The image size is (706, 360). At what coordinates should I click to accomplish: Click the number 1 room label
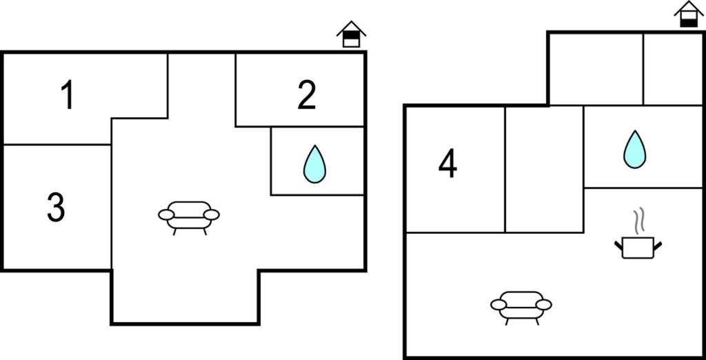click(68, 95)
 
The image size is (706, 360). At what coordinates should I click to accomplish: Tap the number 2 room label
click(307, 95)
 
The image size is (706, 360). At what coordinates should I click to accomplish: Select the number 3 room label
click(56, 208)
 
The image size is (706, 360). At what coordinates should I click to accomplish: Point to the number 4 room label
click(447, 164)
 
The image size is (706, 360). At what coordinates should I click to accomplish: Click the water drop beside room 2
click(314, 164)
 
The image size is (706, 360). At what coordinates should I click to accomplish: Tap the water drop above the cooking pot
click(634, 150)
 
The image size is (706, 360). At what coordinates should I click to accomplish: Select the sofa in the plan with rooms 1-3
click(189, 218)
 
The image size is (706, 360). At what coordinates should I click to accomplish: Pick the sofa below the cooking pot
click(521, 308)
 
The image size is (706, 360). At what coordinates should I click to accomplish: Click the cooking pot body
click(638, 248)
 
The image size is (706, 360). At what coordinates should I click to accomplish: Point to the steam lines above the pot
click(639, 221)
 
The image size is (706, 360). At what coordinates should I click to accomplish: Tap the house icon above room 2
click(351, 34)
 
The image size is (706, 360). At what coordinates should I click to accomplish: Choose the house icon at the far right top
click(689, 14)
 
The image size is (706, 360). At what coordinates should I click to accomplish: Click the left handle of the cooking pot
click(618, 245)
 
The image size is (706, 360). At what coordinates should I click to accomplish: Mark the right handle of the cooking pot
click(658, 246)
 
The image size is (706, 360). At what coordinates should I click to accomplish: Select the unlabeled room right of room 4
click(545, 169)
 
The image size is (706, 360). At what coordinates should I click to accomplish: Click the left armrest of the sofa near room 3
click(166, 215)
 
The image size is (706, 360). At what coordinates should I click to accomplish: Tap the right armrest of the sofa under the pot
click(544, 305)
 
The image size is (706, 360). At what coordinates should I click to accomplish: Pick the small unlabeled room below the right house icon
click(672, 69)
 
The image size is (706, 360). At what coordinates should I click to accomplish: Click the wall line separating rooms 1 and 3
click(57, 145)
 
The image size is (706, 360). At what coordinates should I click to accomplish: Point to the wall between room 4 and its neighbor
click(505, 169)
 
